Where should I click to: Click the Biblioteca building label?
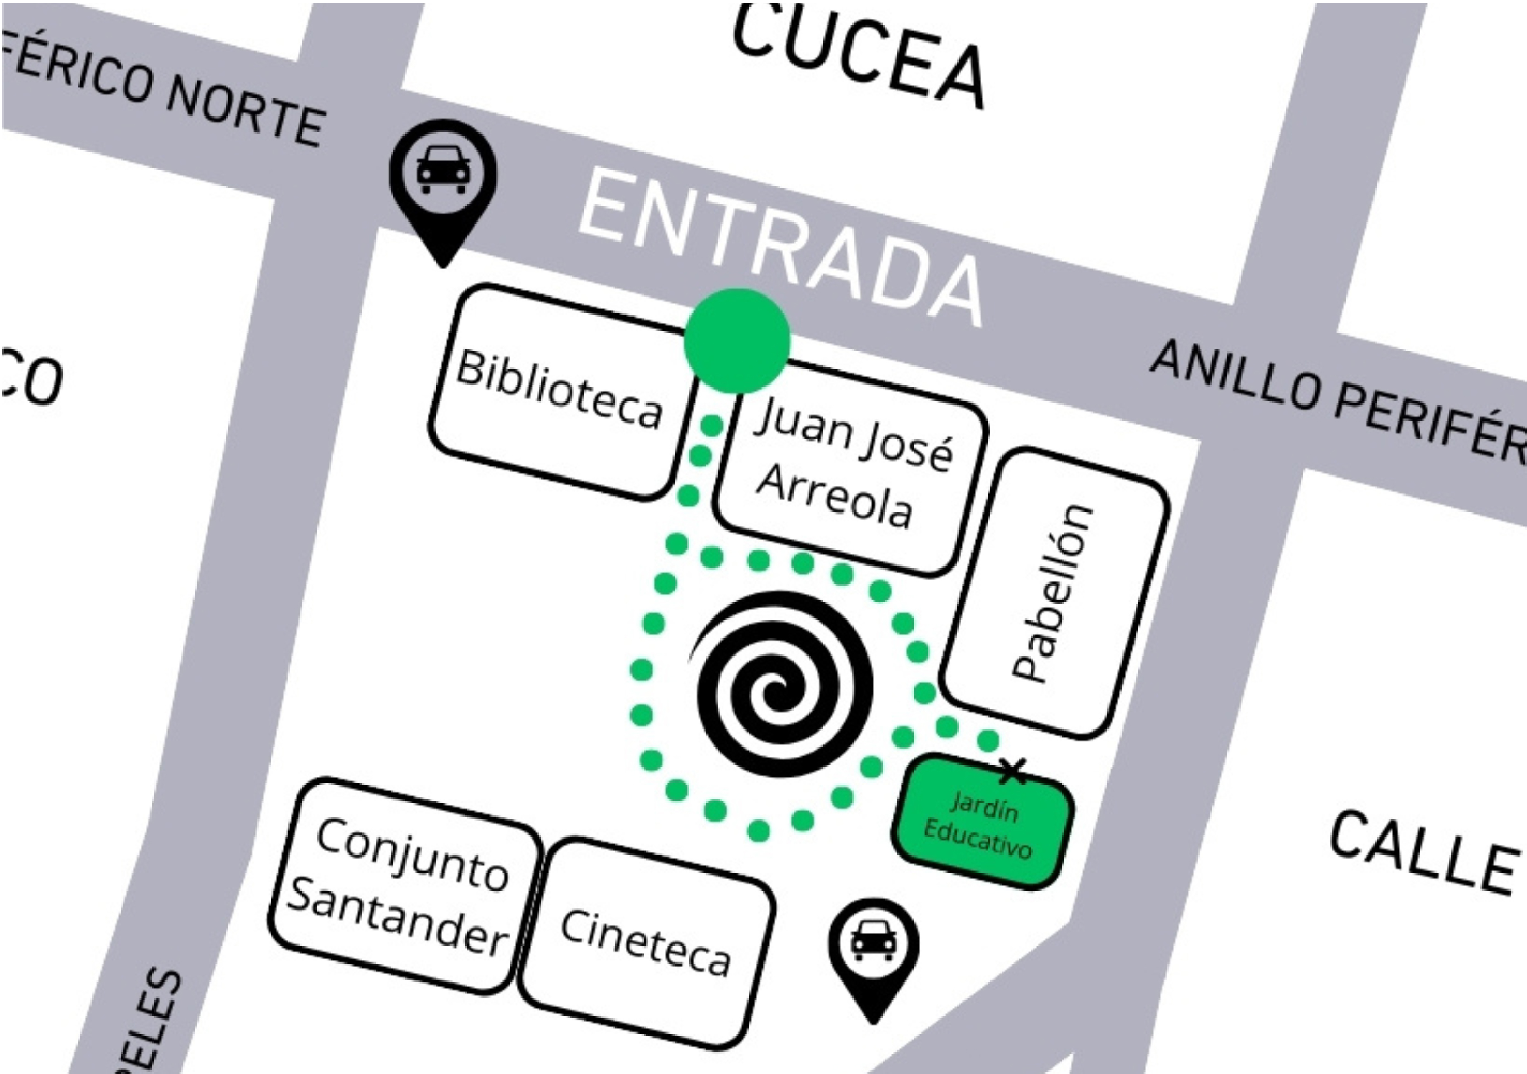pos(559,389)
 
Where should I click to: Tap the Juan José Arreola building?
pos(851,465)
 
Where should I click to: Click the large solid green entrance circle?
pos(737,340)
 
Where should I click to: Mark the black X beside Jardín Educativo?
pos(1013,772)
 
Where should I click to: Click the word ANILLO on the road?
pos(1234,376)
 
